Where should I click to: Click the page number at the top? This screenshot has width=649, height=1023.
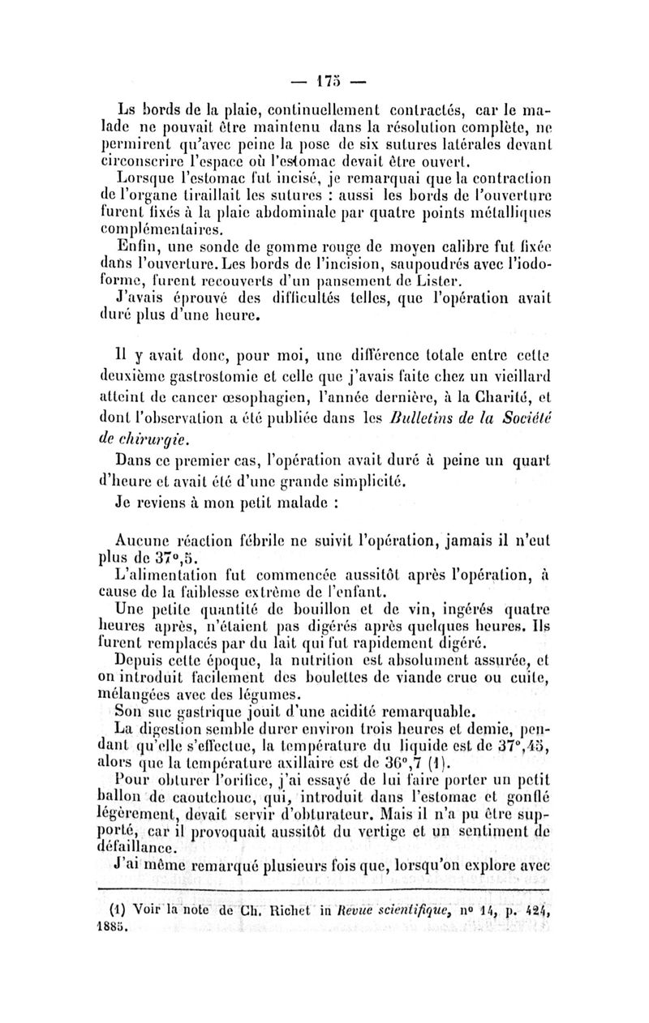tap(324, 83)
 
